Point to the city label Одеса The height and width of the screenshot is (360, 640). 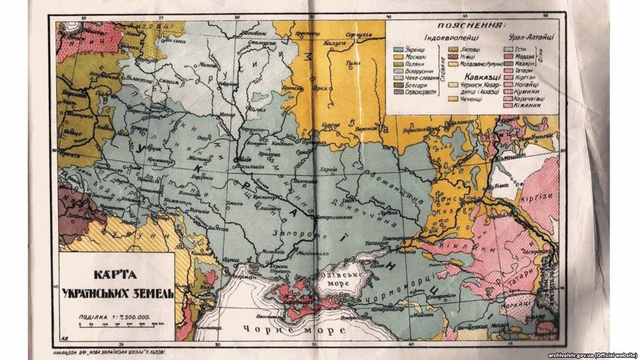coord(234,259)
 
